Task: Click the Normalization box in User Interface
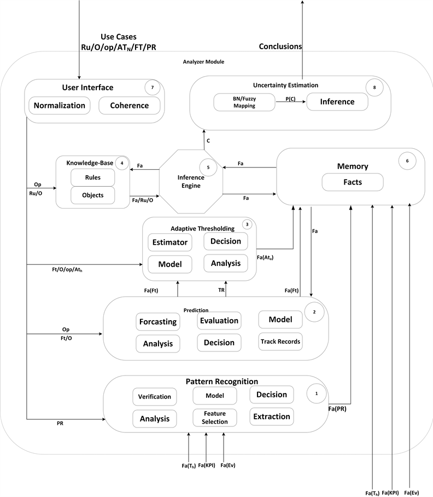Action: click(60, 105)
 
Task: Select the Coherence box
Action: click(130, 105)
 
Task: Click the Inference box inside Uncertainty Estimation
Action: click(337, 102)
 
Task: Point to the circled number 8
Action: click(375, 88)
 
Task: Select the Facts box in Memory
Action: click(352, 182)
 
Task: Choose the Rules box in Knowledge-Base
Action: click(92, 177)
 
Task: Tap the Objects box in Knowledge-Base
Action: click(92, 195)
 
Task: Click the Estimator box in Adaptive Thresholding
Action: click(169, 242)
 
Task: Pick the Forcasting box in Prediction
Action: click(158, 321)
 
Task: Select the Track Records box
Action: click(280, 341)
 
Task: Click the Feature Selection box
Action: click(215, 417)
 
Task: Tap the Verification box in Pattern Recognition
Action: click(154, 397)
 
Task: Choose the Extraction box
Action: click(272, 417)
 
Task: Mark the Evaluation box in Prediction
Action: click(219, 321)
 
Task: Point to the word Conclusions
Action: click(280, 47)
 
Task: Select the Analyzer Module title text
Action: click(203, 62)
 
